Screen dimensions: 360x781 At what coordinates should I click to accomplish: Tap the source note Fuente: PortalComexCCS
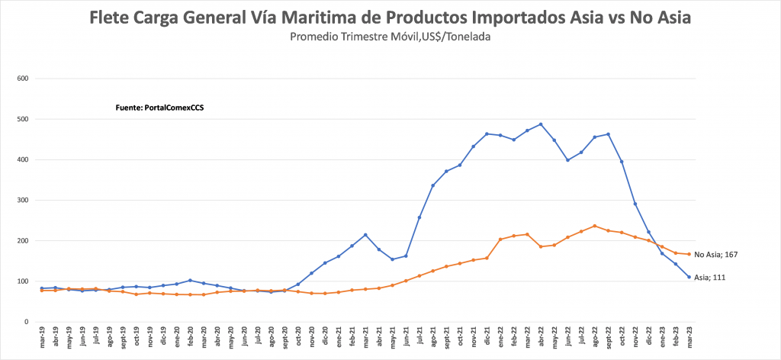pos(159,108)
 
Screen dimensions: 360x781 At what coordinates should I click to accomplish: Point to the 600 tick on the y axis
pos(22,79)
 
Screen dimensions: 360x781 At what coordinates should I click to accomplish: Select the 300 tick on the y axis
pos(22,201)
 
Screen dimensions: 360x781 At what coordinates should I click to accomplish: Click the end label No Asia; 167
pos(715,255)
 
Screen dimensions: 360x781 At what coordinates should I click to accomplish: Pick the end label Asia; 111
pos(710,278)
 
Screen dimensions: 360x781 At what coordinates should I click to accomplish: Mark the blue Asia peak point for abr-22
pos(541,124)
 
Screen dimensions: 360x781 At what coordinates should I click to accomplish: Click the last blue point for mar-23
pos(689,277)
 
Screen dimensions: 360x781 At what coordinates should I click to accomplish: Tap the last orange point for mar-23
pos(689,254)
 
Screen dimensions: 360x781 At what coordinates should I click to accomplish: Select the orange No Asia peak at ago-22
pos(594,226)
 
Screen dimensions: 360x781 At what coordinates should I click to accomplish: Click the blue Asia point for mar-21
pos(365,235)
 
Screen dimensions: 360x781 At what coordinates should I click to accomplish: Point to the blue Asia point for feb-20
pos(190,280)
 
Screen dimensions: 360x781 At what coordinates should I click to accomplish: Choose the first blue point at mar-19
pos(42,288)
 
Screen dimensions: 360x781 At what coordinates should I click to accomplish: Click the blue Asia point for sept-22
pos(608,134)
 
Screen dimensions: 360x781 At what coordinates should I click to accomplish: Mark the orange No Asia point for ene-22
pos(500,239)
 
